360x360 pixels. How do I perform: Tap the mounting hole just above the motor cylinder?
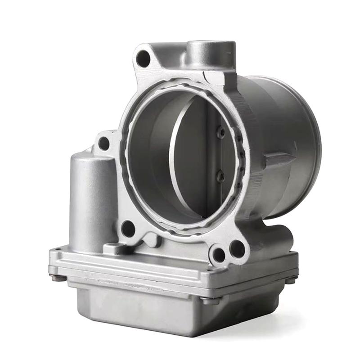point(104,144)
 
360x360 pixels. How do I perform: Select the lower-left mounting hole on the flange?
point(128,229)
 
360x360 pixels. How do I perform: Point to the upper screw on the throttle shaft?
point(220,132)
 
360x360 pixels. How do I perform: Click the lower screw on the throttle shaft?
point(220,176)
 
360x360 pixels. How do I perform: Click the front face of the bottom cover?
point(135,310)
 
